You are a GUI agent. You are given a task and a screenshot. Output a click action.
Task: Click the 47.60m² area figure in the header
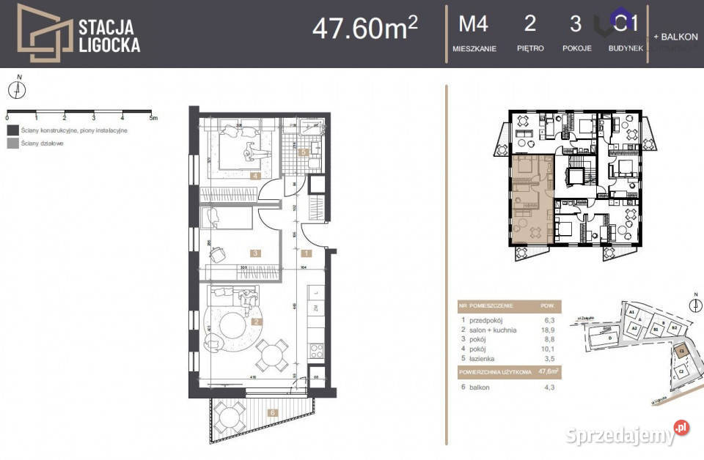[364, 28]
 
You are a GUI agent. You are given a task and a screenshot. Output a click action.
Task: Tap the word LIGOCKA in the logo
[109, 45]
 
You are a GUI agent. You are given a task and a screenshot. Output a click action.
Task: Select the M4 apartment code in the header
[473, 24]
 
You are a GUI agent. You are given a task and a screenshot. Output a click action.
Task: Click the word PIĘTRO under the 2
[529, 48]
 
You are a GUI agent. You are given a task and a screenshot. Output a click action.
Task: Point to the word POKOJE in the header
[576, 48]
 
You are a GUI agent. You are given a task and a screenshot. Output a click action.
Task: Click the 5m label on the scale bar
[153, 117]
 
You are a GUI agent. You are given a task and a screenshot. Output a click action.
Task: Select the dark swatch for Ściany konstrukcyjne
[12, 130]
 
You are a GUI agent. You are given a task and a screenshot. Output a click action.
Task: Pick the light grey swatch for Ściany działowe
[12, 144]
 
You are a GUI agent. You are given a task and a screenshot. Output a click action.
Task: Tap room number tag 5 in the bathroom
[304, 152]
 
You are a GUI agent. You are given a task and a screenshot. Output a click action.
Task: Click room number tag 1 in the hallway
[307, 253]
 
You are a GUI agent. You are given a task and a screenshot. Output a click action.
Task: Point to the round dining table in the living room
[271, 357]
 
